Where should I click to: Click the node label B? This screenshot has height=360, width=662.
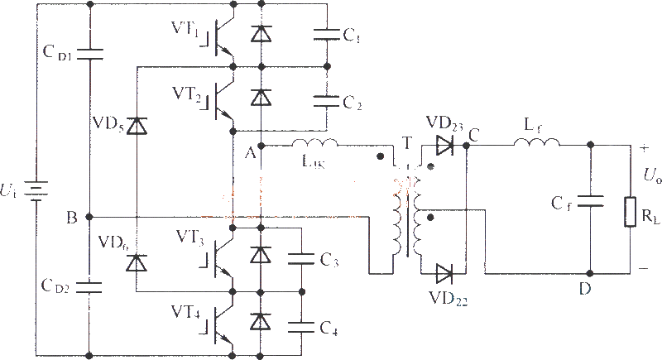point(72,218)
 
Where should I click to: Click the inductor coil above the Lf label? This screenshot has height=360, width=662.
point(536,146)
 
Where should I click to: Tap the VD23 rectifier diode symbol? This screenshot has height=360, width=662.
point(443,146)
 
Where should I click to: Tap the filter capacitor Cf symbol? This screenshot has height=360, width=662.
point(590,201)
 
